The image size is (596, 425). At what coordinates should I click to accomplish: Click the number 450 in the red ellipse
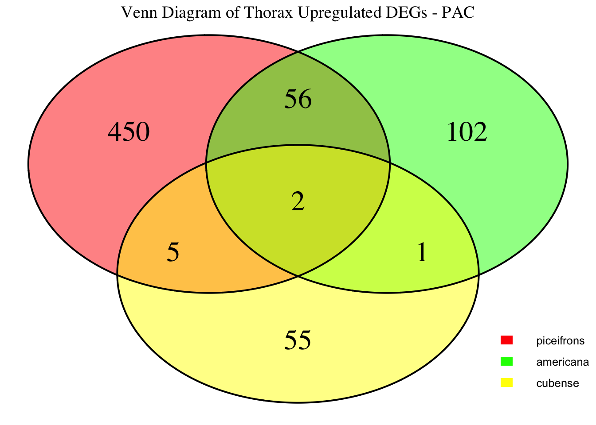(129, 132)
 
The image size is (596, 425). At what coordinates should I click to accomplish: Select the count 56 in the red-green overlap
(298, 99)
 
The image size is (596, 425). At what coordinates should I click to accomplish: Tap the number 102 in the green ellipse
(467, 132)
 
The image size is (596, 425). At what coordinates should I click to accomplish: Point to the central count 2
(298, 201)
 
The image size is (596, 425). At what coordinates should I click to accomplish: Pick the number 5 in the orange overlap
(173, 252)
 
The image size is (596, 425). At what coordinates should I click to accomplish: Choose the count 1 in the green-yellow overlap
(422, 252)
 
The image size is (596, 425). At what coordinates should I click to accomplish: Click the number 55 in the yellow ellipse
(298, 340)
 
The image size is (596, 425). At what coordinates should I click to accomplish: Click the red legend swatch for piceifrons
(506, 340)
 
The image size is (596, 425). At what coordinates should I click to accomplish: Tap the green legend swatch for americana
(506, 362)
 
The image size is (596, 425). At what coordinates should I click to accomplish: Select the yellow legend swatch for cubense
(506, 383)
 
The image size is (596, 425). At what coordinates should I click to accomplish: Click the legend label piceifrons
(561, 341)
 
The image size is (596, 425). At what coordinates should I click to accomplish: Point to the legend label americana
(562, 362)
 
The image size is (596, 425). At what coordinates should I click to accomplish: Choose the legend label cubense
(557, 383)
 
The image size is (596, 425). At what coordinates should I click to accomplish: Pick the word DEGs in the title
(406, 12)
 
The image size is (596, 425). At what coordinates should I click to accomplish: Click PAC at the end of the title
(458, 12)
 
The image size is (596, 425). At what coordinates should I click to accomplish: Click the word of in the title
(232, 12)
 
